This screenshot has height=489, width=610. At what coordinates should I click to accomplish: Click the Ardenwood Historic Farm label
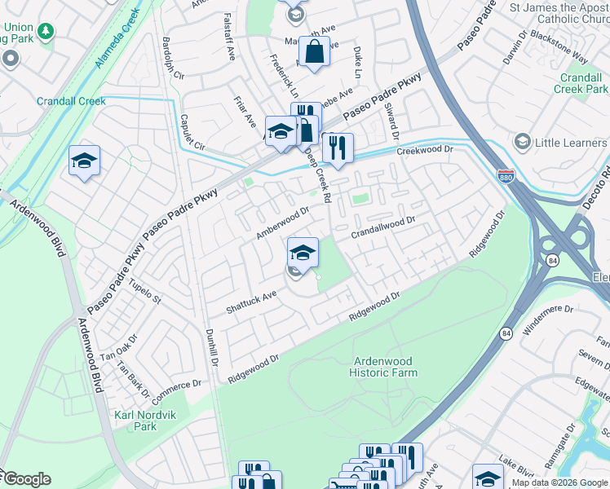click(x=383, y=367)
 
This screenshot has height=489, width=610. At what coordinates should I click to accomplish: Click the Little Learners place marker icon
click(x=522, y=143)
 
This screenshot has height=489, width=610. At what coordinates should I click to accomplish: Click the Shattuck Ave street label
click(x=252, y=302)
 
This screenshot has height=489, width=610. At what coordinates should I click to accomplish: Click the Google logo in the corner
click(x=26, y=479)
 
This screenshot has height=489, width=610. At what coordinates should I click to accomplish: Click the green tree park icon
click(x=46, y=31)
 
